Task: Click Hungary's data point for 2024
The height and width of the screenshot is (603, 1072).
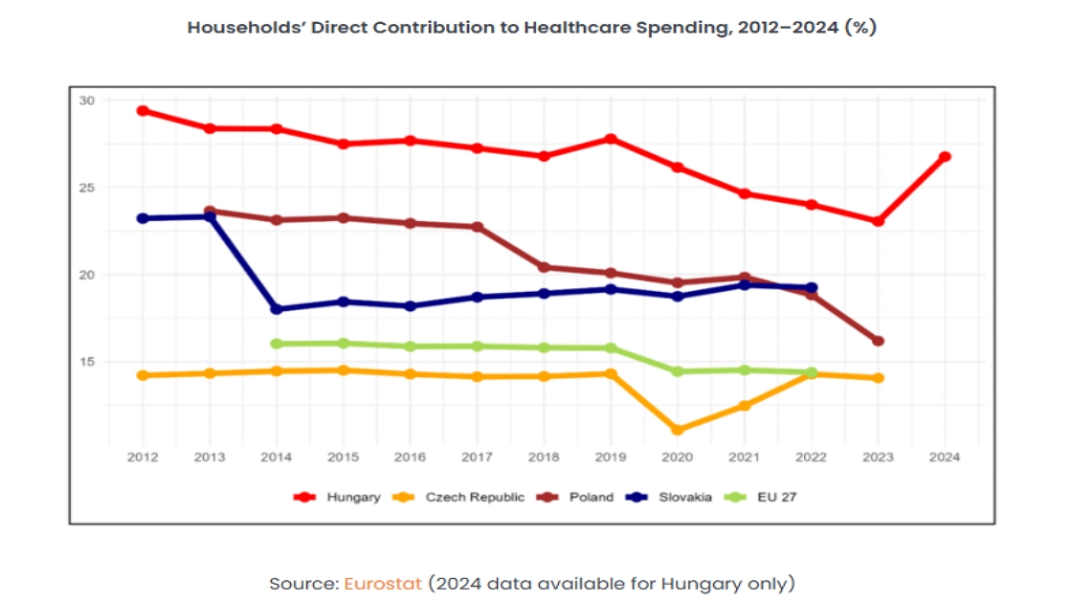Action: click(x=945, y=157)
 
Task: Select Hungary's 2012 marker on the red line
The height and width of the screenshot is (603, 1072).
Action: click(x=143, y=111)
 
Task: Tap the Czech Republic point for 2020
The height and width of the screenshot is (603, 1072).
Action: click(x=678, y=430)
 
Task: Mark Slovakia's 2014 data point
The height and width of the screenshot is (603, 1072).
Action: click(x=277, y=309)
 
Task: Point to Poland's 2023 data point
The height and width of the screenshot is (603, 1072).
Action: click(x=879, y=341)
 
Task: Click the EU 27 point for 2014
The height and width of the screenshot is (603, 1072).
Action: click(x=277, y=344)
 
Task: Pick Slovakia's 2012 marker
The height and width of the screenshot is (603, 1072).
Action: click(x=143, y=219)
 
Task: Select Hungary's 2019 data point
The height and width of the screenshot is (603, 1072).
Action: click(x=612, y=140)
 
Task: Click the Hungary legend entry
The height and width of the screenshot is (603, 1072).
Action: click(x=336, y=497)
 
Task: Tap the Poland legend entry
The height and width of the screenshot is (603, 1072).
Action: click(x=575, y=497)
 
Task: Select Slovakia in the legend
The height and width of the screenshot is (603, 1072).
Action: click(x=669, y=497)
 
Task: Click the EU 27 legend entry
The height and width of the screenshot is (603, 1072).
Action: click(x=760, y=497)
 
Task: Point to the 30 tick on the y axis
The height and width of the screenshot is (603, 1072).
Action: click(x=87, y=100)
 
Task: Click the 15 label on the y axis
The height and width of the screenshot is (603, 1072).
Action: click(x=87, y=362)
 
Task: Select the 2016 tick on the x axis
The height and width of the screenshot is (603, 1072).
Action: click(x=411, y=457)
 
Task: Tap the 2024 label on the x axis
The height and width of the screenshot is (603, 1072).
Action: click(x=945, y=457)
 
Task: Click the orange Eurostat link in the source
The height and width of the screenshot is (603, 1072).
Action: click(x=383, y=584)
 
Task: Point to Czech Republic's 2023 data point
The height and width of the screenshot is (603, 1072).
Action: click(x=879, y=377)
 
